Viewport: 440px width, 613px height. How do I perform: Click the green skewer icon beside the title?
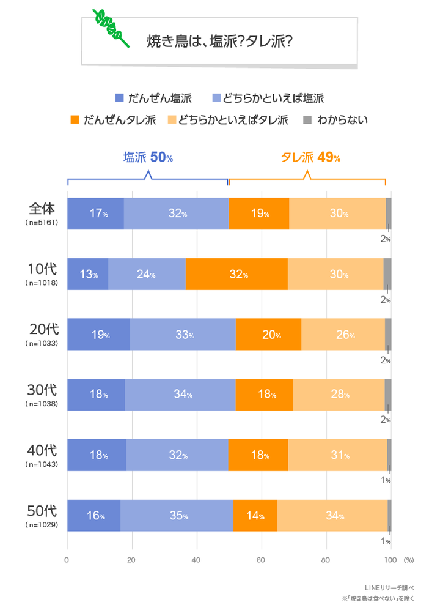click(x=111, y=28)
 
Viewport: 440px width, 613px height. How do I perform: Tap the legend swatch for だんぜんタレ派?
click(x=75, y=119)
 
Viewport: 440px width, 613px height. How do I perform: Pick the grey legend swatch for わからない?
click(x=307, y=119)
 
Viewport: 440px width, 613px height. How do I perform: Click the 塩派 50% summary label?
click(x=148, y=158)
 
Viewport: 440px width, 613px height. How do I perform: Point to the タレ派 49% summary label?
click(x=310, y=158)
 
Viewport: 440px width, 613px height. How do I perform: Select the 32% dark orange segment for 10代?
click(x=237, y=274)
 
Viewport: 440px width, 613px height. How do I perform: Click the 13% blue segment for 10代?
click(x=87, y=274)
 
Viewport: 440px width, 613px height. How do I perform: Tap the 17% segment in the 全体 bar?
click(x=95, y=214)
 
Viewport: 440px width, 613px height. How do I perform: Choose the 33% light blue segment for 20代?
click(x=183, y=335)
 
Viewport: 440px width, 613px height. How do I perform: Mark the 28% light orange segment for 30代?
click(x=339, y=395)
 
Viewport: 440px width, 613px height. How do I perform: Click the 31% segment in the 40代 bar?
click(x=337, y=455)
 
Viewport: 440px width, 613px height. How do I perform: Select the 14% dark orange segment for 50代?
click(x=255, y=516)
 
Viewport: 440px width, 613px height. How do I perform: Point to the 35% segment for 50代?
click(x=177, y=516)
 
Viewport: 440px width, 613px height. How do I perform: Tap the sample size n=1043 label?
click(x=42, y=464)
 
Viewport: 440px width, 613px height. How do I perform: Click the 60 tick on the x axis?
click(x=261, y=559)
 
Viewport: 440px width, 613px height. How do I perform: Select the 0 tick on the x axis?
click(x=67, y=559)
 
